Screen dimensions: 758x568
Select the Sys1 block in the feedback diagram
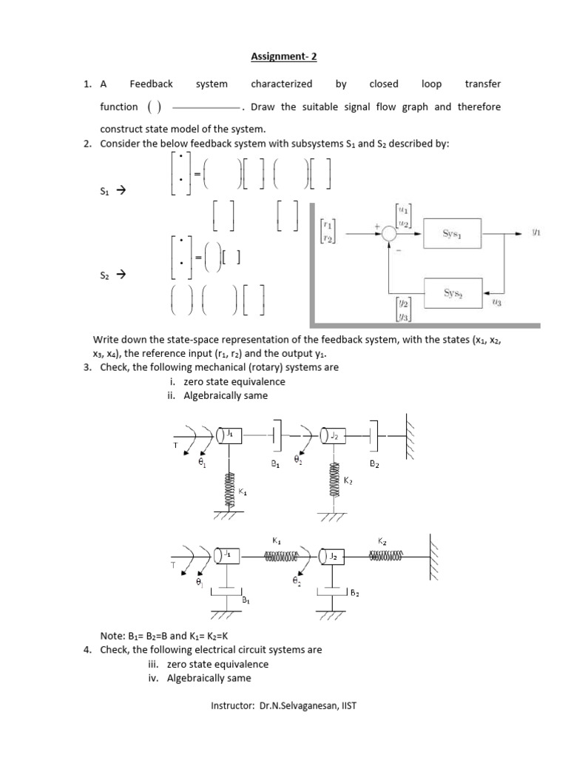point(452,234)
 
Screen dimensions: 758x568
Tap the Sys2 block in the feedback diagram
point(452,292)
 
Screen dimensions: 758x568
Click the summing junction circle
point(390,234)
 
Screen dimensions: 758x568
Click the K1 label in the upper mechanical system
point(243,491)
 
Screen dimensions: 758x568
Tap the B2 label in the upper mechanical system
point(374,464)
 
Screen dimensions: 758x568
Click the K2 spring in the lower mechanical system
point(389,554)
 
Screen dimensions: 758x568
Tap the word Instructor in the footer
point(232,705)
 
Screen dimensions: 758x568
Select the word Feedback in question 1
point(151,84)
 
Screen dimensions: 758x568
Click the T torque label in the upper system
point(175,446)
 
